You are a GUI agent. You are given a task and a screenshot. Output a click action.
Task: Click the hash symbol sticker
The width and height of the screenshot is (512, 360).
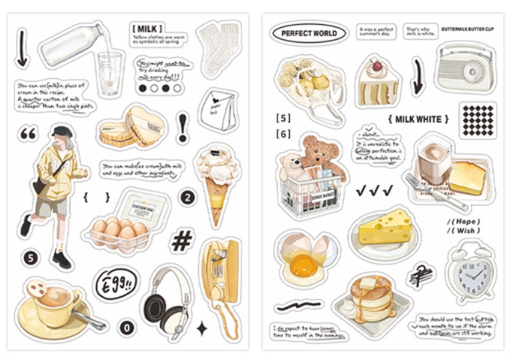point(182,240)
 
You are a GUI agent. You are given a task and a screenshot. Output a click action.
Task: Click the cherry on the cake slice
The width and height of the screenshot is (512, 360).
point(377,65)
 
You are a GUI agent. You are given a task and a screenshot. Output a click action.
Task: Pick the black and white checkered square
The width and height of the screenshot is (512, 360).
point(477,119)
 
